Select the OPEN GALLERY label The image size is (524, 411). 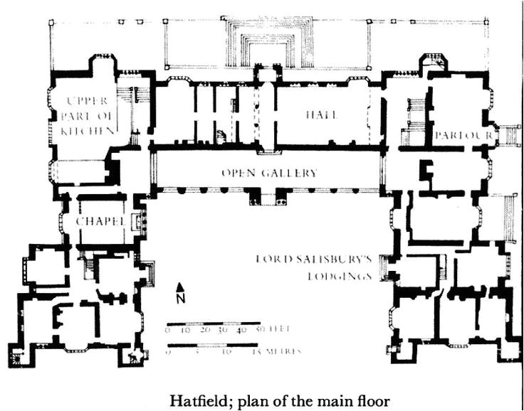[268, 173]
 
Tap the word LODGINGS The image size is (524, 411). [340, 277]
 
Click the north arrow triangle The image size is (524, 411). [181, 287]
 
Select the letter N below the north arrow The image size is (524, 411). [181, 299]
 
